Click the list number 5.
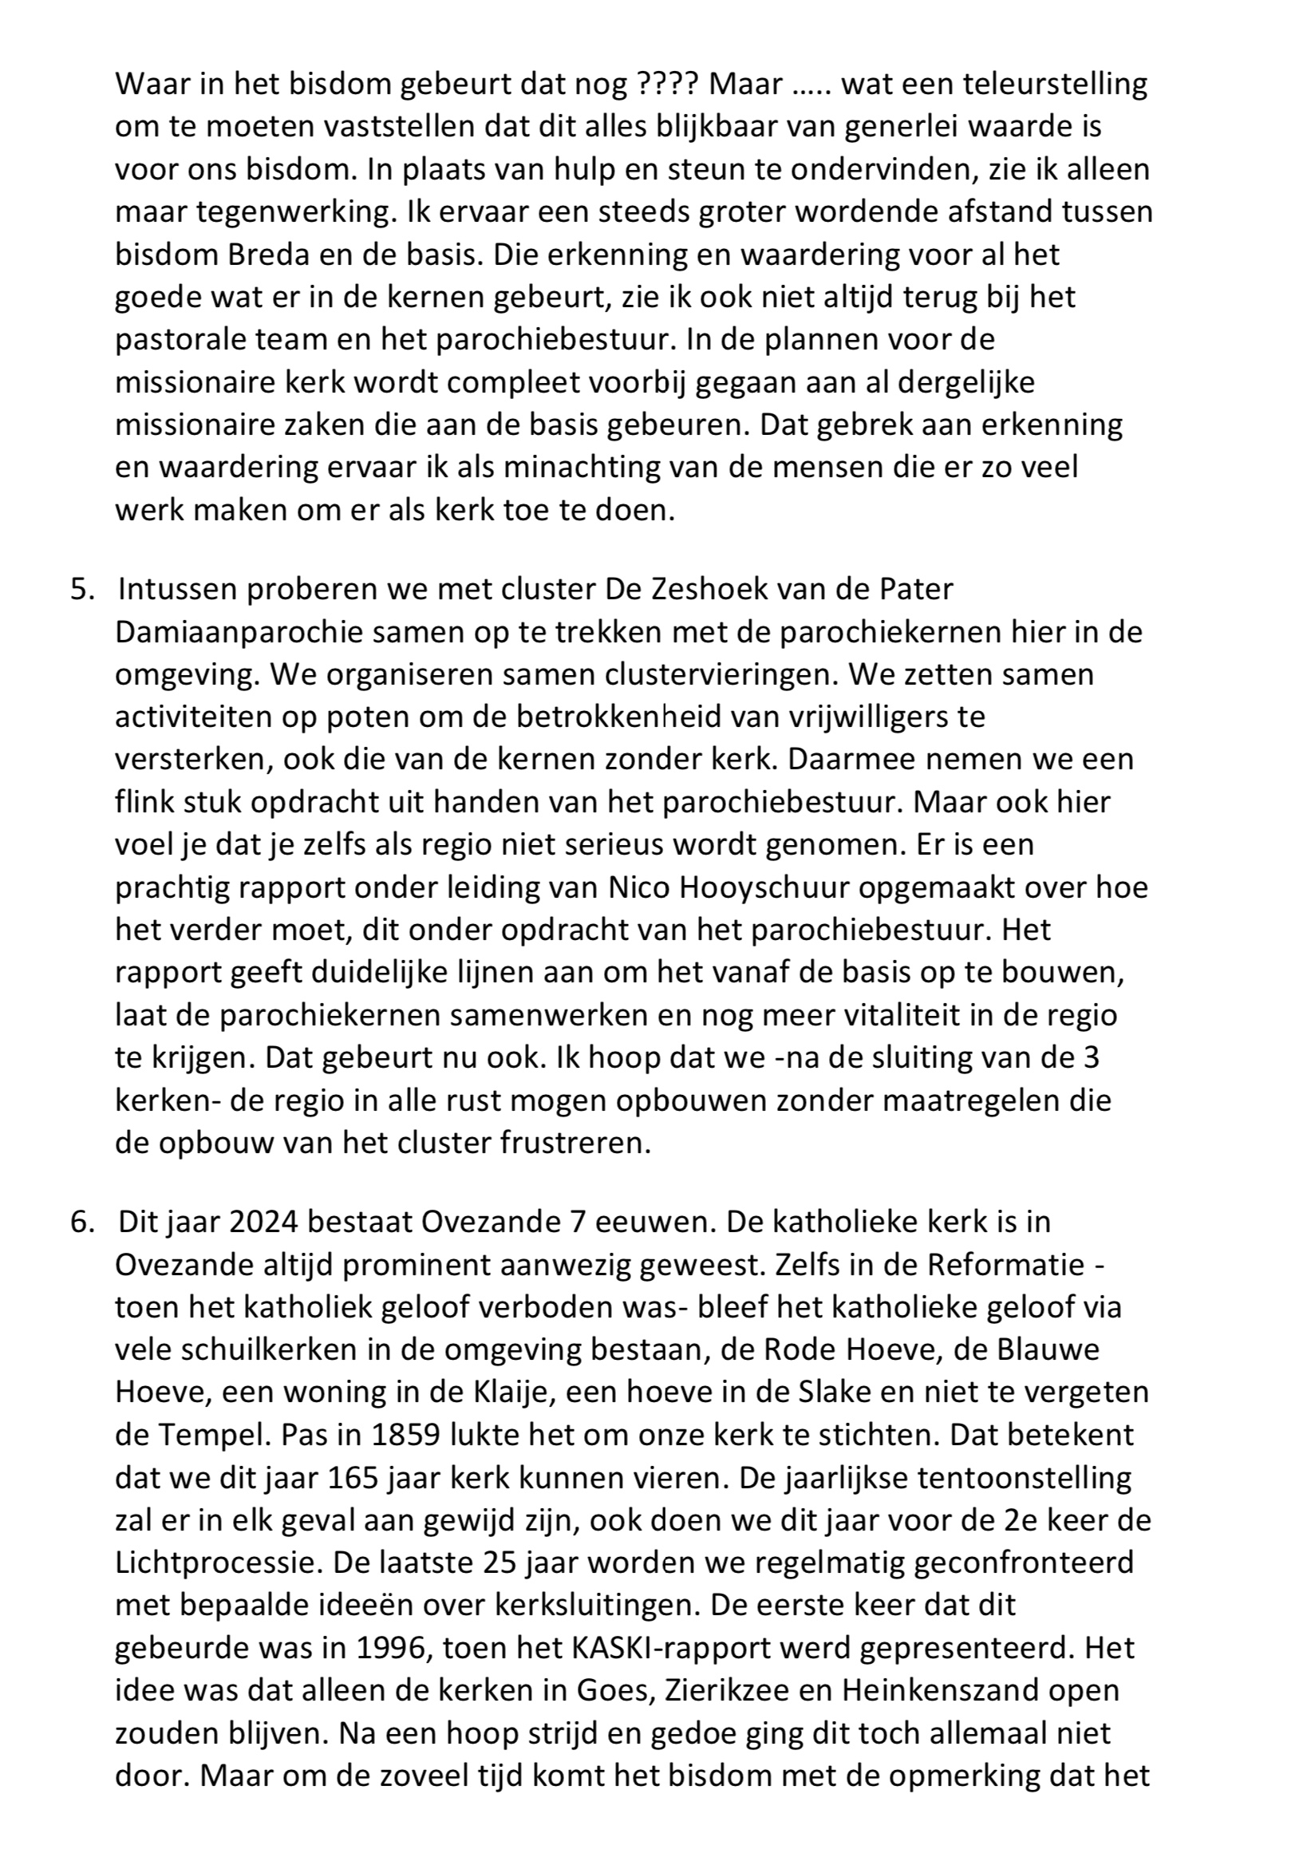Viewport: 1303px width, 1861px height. (x=81, y=588)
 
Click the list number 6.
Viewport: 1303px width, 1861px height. (x=81, y=1221)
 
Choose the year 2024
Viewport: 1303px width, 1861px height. (x=263, y=1221)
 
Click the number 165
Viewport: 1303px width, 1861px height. (x=354, y=1478)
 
